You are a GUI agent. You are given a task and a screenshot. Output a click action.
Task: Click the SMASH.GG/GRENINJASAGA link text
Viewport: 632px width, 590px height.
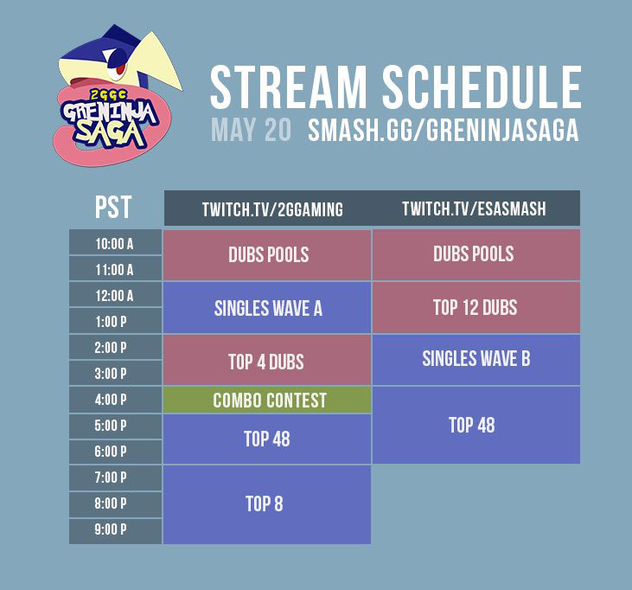[x=443, y=130]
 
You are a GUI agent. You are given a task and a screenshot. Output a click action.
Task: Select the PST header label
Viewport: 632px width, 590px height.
[x=114, y=208]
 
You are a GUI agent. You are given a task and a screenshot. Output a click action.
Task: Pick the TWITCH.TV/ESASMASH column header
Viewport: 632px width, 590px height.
[x=474, y=209]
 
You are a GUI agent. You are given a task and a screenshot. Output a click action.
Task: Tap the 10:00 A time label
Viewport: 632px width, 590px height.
[x=115, y=243]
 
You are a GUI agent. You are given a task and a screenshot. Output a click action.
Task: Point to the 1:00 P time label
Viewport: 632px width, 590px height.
[x=115, y=321]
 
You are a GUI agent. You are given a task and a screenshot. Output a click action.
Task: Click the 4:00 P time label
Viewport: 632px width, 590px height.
[x=115, y=400]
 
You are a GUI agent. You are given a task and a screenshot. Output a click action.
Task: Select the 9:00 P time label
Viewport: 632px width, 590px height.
[x=115, y=529]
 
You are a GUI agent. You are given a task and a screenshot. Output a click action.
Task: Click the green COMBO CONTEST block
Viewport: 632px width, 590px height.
[x=267, y=400]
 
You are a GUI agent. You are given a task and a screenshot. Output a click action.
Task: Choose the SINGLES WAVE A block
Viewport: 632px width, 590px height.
[x=267, y=308]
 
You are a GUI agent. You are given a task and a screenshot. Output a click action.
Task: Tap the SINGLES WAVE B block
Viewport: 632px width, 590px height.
[x=476, y=359]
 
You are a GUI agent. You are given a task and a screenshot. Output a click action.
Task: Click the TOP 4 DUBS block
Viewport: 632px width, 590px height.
[x=267, y=361]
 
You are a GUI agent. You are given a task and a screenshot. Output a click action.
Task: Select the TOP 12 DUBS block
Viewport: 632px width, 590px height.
[x=476, y=307]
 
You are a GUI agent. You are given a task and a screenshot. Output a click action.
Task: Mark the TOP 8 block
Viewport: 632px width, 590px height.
[x=267, y=504]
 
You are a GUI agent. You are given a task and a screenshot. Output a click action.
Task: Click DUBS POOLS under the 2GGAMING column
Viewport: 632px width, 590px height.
[x=267, y=255]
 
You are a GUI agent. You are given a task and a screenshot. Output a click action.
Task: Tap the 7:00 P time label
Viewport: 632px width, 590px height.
[x=115, y=478]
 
